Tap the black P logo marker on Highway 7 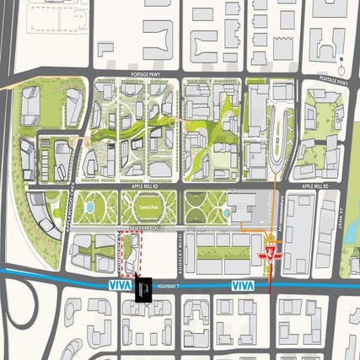(143, 290)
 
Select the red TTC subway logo (271, 251)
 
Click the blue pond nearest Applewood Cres (90, 207)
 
